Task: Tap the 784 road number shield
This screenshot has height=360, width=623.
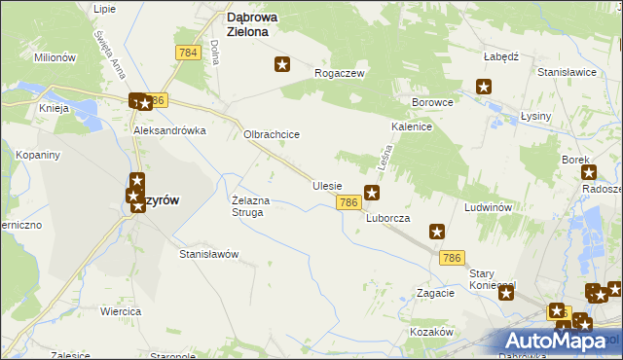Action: point(189,52)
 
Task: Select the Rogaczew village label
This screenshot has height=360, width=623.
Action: point(339,73)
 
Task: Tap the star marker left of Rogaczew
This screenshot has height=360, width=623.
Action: point(282,65)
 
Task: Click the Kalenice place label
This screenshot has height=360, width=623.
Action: point(412,127)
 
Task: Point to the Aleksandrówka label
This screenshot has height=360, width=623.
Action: point(170,129)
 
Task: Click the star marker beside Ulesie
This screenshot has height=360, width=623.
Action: point(371,193)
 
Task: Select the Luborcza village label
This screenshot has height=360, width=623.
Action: point(387,218)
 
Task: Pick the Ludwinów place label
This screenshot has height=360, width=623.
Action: point(489,207)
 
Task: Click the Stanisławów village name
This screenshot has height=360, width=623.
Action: point(208,254)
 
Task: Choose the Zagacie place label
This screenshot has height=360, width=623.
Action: point(435,293)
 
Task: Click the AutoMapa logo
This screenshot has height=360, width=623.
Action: point(562,340)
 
